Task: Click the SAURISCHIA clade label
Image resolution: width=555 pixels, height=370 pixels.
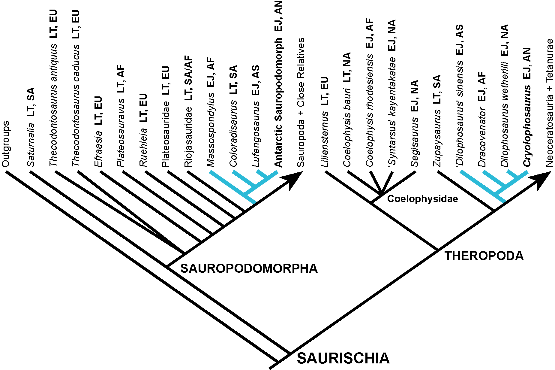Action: [343, 358]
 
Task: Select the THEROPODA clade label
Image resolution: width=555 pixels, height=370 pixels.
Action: [484, 256]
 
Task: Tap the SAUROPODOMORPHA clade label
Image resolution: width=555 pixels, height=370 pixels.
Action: [249, 268]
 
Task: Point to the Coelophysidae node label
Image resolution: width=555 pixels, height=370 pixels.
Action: [422, 199]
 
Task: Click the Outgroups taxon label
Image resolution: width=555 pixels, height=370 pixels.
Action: [6, 144]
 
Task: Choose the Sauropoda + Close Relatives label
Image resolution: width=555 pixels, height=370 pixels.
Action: [301, 102]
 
